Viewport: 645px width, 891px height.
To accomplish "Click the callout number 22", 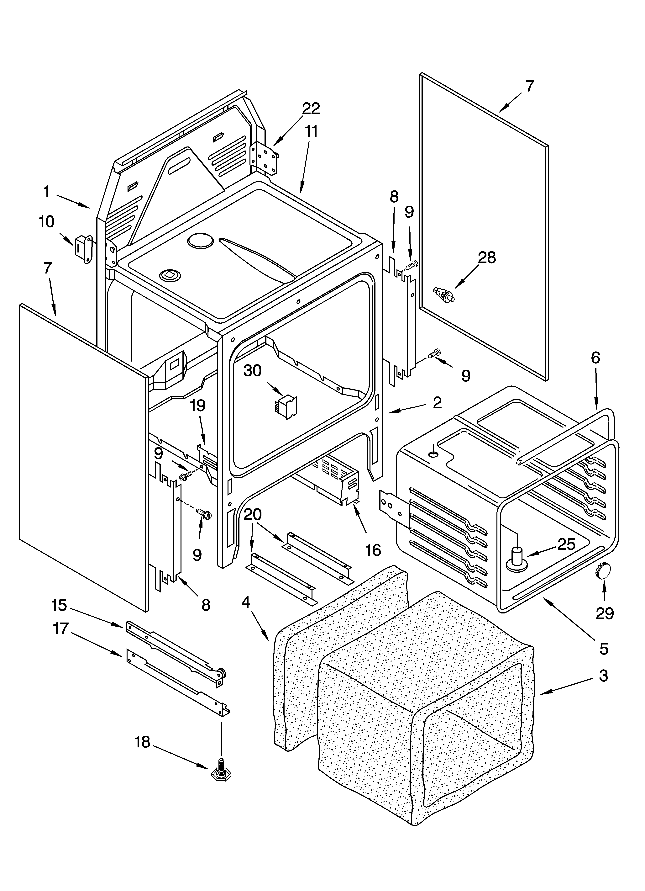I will coord(311,109).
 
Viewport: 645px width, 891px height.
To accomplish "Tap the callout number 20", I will coord(253,514).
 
